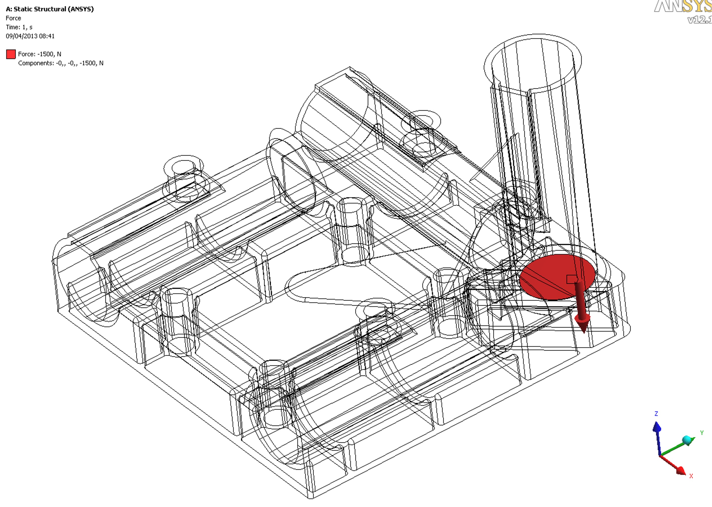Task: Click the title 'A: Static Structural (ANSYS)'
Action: tap(50, 9)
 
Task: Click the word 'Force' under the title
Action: tap(13, 18)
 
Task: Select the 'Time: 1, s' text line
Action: tap(19, 27)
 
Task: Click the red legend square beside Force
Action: tap(11, 54)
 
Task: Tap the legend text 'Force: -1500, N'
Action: tap(40, 54)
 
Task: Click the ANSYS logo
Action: tap(683, 6)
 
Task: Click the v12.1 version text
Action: tap(700, 20)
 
